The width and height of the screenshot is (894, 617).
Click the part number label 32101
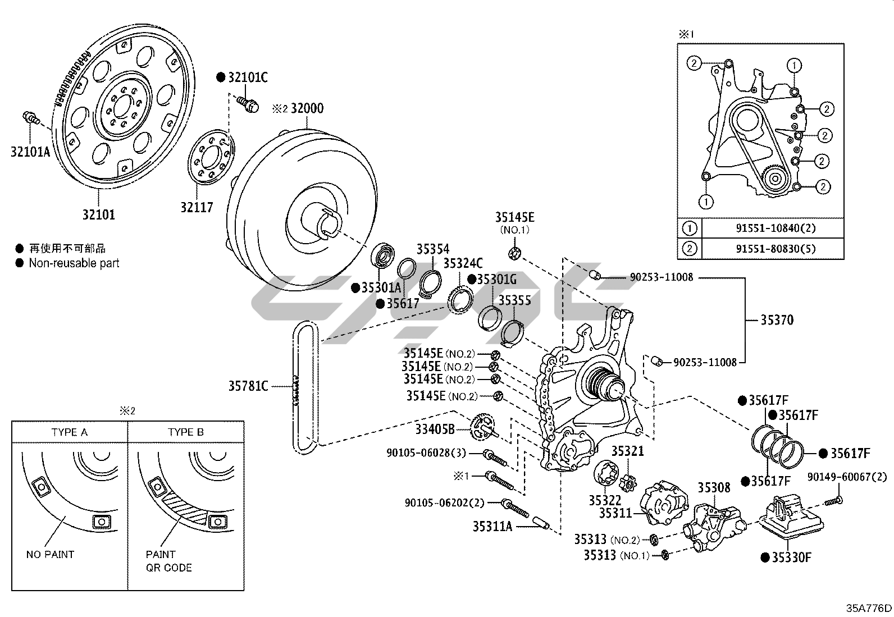point(99,214)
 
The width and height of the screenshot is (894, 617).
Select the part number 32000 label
point(307,108)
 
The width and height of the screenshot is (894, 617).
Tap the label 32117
point(197,207)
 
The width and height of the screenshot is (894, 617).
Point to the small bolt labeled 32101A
point(30,118)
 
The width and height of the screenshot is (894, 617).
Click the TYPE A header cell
point(70,432)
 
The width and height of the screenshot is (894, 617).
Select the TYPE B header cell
point(186,432)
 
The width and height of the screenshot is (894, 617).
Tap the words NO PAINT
point(50,554)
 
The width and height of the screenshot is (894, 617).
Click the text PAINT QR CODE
point(168,561)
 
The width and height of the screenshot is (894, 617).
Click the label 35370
point(777,320)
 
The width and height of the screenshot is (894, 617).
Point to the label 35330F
point(791,557)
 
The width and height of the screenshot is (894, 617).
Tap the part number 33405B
point(435,429)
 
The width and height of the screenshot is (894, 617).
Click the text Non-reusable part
point(74,263)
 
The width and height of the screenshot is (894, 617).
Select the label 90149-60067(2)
point(847,477)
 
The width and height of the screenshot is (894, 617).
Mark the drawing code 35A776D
point(869,608)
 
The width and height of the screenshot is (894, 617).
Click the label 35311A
point(492,526)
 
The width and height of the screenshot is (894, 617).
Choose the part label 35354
point(433,249)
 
